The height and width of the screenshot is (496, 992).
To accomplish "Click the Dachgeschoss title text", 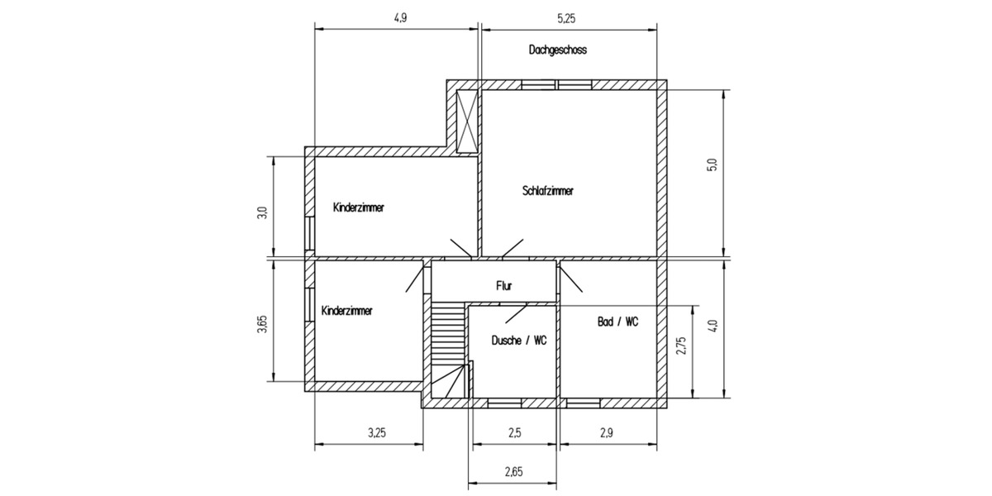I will click(557, 50).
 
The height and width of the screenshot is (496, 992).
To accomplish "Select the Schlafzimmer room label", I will click(547, 191).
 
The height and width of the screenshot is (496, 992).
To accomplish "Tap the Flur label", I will click(504, 286).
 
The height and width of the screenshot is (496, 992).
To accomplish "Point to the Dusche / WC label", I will click(518, 340).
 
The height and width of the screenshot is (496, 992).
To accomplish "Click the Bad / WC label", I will click(618, 322).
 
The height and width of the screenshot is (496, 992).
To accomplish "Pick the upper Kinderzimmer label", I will click(358, 207).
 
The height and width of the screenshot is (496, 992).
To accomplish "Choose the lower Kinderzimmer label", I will click(346, 311).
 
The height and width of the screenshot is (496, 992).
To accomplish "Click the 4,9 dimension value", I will click(400, 18).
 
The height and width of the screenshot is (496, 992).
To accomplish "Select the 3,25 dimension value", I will click(376, 432).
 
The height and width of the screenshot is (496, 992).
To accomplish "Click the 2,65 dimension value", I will click(513, 472).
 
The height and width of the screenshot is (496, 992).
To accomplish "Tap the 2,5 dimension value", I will click(514, 432).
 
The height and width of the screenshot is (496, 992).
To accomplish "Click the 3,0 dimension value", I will click(262, 212).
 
